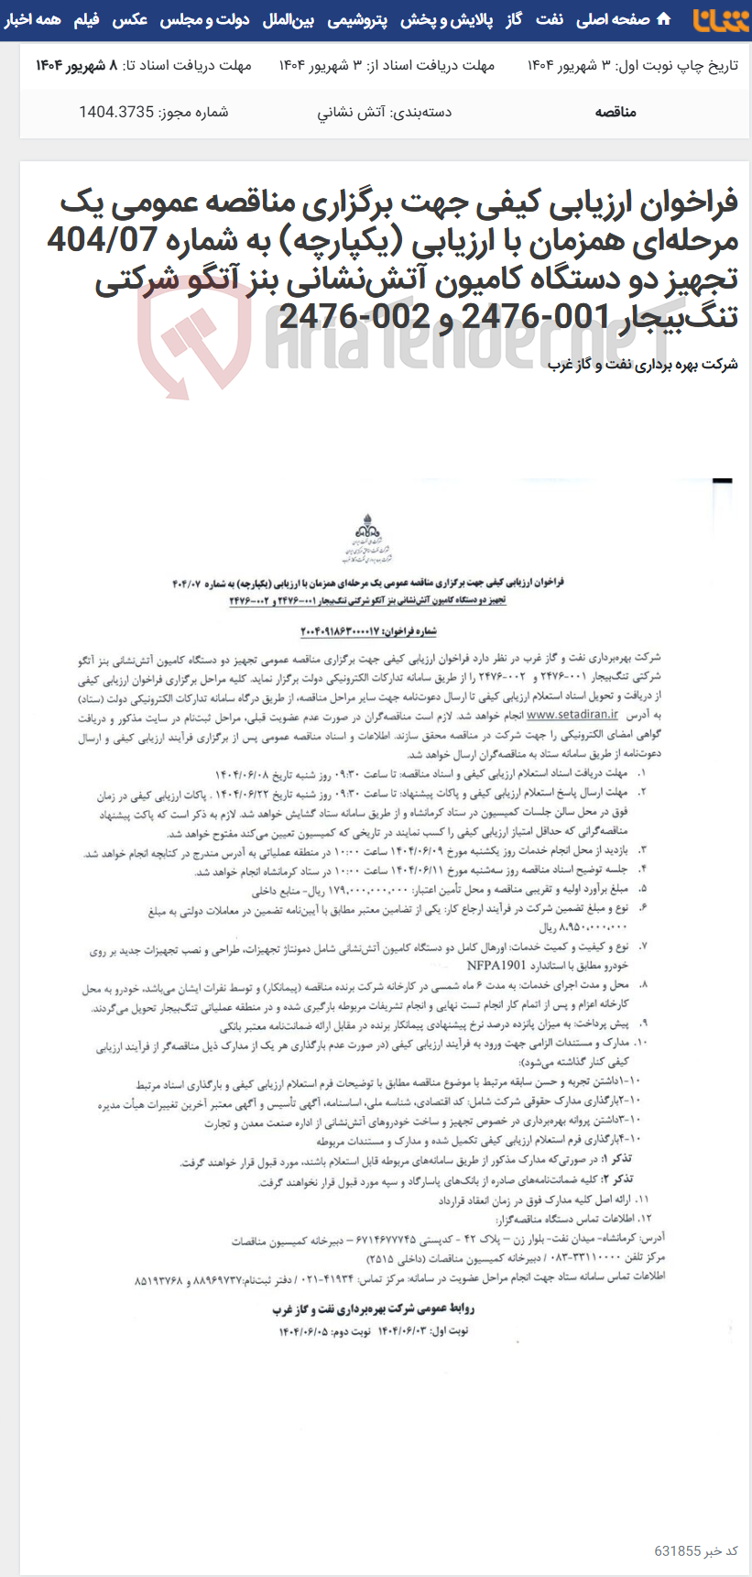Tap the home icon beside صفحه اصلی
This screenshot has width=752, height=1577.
coord(663,19)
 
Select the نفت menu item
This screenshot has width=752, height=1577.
coord(550,19)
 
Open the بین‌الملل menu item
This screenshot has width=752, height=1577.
coord(289,19)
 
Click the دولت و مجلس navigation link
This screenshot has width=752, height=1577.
coord(204,19)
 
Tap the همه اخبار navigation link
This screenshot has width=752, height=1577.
coord(32,19)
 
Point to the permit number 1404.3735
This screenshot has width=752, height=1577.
coord(116,112)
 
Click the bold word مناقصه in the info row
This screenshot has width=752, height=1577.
coord(615,112)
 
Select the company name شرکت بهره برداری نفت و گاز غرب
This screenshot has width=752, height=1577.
coord(643,364)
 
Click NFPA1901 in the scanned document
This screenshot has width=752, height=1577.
coord(496,965)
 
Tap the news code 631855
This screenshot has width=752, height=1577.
coord(678,1550)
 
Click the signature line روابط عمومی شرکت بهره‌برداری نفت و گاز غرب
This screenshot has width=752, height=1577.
coord(374,1309)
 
